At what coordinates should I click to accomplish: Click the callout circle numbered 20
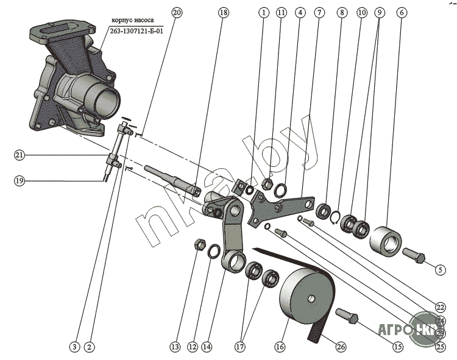point(177,12)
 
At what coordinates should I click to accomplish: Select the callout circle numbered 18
point(224,12)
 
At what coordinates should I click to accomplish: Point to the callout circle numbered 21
point(19,156)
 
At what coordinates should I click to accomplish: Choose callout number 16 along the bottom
point(280,347)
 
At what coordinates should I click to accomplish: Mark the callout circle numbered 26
point(341,347)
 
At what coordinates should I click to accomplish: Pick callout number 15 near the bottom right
point(397,347)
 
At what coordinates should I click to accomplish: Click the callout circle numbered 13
point(175,347)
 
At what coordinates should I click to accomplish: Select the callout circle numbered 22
point(440,306)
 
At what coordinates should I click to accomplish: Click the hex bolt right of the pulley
point(347,317)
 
